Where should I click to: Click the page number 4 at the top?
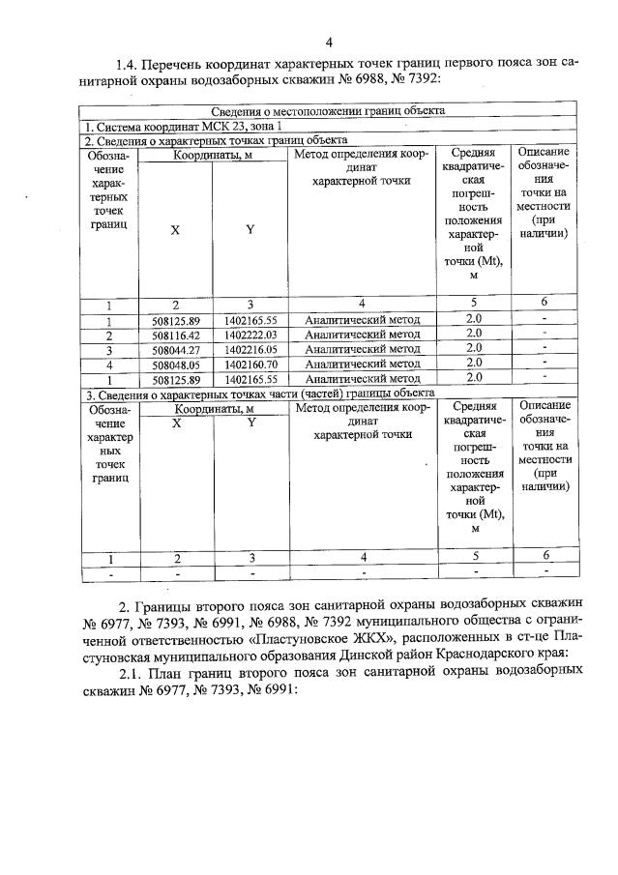pos(329,42)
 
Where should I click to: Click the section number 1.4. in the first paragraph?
pos(130,64)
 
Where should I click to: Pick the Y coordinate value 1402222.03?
pos(250,335)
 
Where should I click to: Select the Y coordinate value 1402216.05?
pos(250,349)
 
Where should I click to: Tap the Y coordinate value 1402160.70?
pos(250,364)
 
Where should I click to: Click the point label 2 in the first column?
pos(109,335)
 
